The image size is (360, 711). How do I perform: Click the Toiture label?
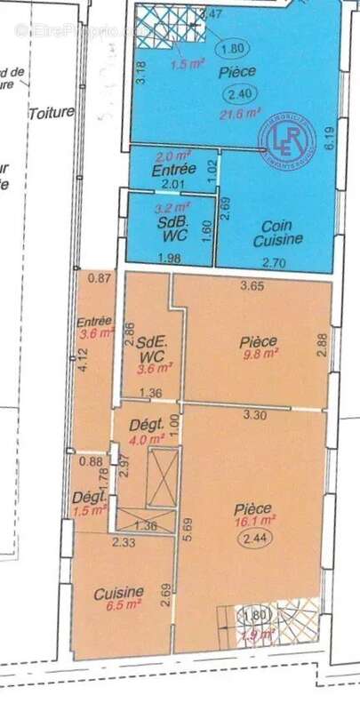coord(50,113)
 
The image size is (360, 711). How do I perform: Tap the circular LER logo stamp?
coord(286,136)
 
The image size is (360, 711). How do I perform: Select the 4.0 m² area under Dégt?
coord(144,438)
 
